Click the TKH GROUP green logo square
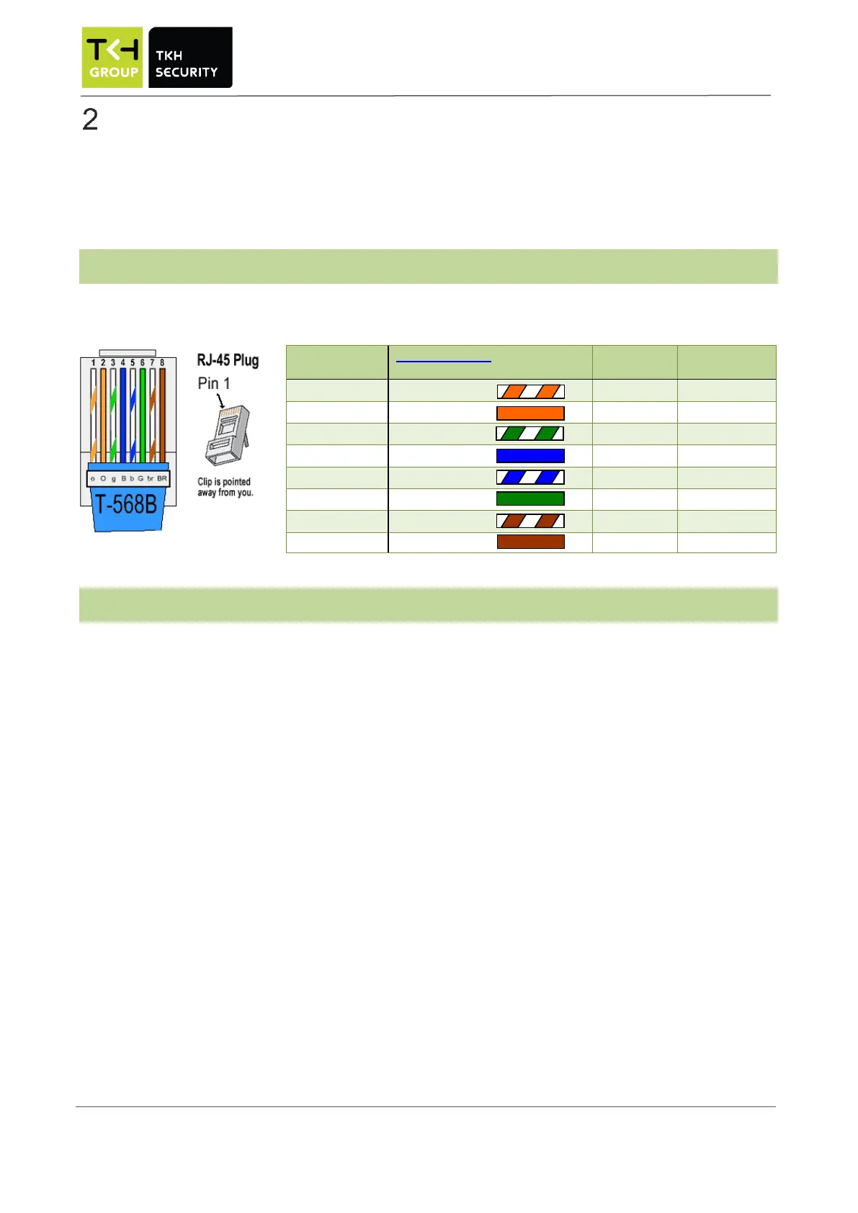[112, 58]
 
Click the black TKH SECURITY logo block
[190, 58]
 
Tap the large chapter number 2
[90, 120]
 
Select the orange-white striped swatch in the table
[530, 391]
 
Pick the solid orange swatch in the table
[530, 413]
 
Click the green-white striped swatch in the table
[530, 434]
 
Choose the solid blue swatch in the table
[530, 455]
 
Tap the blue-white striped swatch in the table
[530, 477]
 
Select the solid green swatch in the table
[530, 498]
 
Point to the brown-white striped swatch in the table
[530, 520]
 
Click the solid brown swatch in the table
[530, 542]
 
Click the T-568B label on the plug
[126, 504]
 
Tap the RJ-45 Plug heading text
[228, 360]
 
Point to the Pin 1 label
[214, 383]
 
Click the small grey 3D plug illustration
[228, 436]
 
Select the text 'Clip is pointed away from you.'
[225, 487]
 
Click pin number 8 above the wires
[162, 363]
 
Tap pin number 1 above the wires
[93, 363]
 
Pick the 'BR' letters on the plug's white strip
[162, 478]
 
